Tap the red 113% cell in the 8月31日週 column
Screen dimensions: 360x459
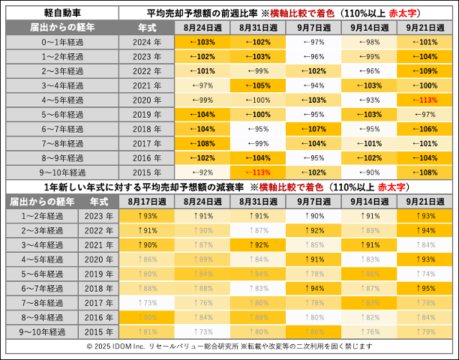coord(258,172)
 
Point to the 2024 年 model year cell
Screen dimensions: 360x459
coord(146,42)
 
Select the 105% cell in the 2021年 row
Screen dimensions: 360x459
coord(258,85)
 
